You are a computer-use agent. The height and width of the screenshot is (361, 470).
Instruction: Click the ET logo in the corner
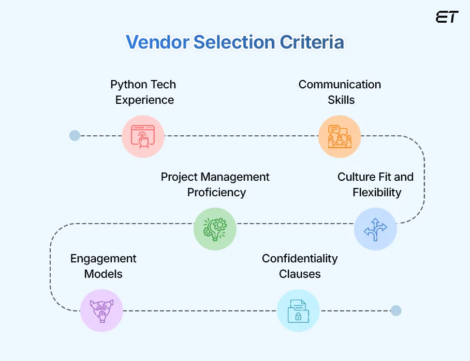[447, 17]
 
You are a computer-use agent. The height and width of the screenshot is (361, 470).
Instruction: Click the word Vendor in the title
[157, 42]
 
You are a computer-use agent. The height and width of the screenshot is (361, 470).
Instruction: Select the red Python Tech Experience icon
[143, 136]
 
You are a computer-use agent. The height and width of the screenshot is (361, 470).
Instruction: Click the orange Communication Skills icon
[339, 136]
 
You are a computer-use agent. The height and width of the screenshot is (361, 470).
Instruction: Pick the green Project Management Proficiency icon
[215, 228]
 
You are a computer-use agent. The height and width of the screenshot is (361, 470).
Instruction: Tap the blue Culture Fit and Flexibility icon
[375, 229]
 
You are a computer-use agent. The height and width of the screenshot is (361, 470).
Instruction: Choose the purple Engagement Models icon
[101, 310]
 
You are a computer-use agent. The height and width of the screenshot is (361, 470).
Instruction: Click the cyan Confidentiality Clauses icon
[298, 310]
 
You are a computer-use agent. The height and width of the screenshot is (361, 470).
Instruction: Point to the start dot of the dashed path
[75, 136]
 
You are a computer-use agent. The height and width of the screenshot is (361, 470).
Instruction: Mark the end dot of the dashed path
[395, 310]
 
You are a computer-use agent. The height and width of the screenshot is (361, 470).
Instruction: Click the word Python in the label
[129, 84]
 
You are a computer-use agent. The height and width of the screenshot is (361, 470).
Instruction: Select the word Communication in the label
[340, 84]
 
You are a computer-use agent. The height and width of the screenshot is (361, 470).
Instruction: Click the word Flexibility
[377, 193]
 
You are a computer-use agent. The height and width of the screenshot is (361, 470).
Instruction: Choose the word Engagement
[104, 258]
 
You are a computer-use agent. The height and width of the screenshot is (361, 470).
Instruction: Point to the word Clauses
[300, 274]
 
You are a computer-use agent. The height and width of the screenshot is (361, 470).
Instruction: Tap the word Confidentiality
[300, 258]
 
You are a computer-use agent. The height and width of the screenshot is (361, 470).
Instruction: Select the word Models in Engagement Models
[104, 274]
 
